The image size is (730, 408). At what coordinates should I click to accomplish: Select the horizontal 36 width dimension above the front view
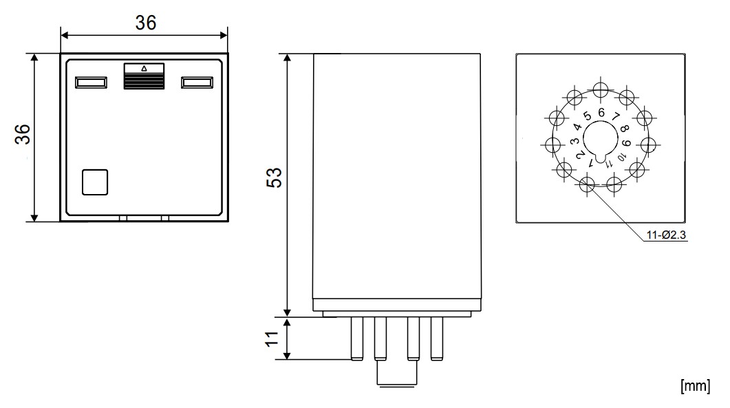144,22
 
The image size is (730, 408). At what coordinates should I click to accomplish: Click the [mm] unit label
694,385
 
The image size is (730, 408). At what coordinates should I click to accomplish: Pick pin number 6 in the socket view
601,113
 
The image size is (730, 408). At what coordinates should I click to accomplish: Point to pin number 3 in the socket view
574,140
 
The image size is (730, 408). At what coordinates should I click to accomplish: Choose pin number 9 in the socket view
627,142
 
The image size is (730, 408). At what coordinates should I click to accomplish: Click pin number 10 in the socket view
622,158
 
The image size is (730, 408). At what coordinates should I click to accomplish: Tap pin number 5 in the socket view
587,116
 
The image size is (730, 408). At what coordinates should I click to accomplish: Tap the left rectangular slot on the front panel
91,83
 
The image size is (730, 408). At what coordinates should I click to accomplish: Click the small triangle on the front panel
144,68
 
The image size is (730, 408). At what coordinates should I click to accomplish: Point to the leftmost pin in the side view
356,339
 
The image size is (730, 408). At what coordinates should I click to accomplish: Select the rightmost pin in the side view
436,339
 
